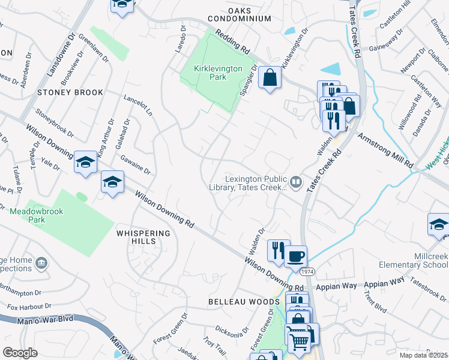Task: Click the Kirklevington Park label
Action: (x=218, y=73)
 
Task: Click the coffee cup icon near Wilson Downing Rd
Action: (x=296, y=257)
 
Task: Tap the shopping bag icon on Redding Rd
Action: (x=270, y=77)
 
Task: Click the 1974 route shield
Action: (x=307, y=272)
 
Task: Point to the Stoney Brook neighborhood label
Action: (x=70, y=92)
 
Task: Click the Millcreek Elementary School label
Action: (x=414, y=260)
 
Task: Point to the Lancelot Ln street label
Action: (x=139, y=105)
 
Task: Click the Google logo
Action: (x=20, y=353)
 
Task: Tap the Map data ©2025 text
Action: (x=423, y=355)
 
